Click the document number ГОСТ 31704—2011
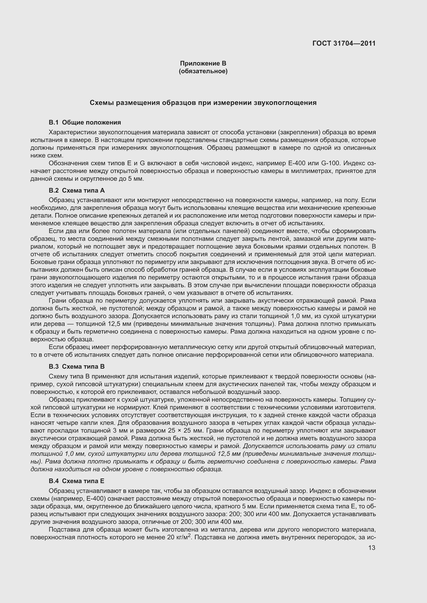344,43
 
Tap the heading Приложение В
203,63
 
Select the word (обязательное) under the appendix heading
203,71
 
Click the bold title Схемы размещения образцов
203,103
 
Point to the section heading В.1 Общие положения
85,122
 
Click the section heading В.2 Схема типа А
76,191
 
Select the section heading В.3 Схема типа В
76,367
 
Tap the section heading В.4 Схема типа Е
76,481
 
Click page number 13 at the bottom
372,548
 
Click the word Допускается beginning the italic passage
263,446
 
